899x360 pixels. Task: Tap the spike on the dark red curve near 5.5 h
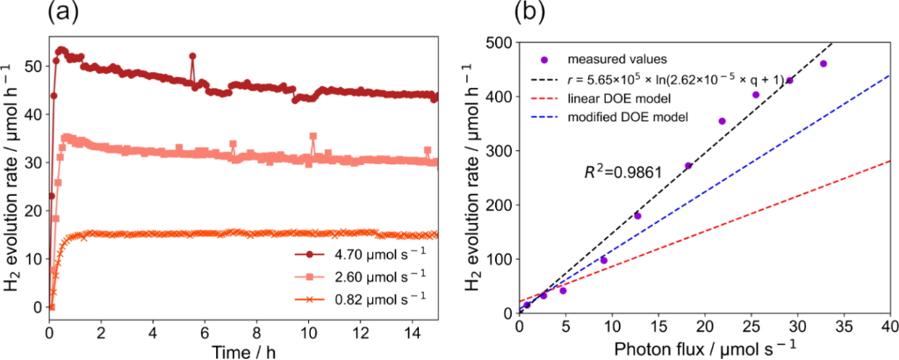[192, 55]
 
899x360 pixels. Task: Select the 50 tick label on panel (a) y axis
[33, 66]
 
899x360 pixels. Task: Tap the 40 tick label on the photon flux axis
[888, 328]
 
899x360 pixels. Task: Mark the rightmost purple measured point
[823, 63]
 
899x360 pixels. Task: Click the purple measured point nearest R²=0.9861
[688, 165]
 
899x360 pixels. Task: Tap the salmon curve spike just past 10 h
[313, 136]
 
